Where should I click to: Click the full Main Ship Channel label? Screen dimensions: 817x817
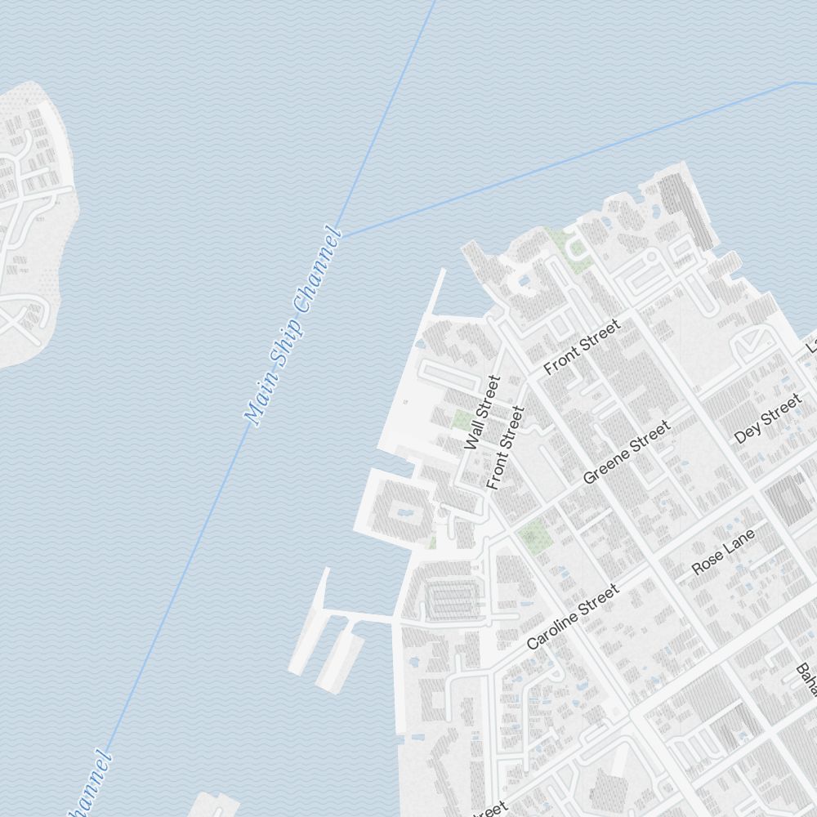292,327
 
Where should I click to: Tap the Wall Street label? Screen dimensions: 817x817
481,413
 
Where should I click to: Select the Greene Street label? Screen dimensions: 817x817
627,452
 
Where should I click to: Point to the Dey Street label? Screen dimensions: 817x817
768,418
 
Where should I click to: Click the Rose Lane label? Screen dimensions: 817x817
723,551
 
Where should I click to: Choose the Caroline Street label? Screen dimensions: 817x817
572,617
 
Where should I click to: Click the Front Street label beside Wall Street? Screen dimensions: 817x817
504,448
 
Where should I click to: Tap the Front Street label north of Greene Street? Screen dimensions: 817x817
582,347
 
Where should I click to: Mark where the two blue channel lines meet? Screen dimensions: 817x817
342,237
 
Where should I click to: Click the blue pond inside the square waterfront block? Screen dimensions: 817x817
404,514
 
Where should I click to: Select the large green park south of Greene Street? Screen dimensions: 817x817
534,535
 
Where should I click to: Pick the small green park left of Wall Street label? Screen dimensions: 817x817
462,421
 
